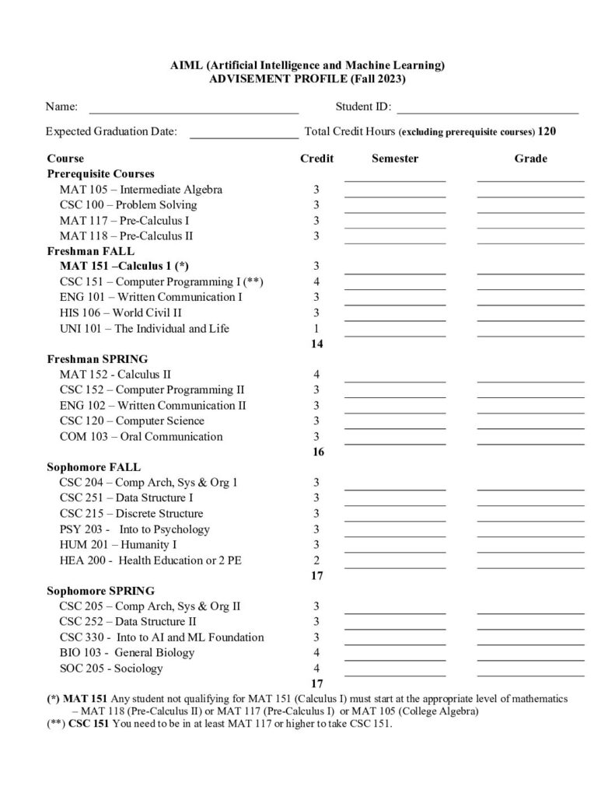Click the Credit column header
[316, 159]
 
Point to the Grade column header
[530, 159]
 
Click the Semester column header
[395, 159]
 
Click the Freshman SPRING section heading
[97, 359]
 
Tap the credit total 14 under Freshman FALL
[316, 344]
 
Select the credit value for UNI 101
[316, 328]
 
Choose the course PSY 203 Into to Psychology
[135, 529]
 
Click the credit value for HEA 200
[316, 560]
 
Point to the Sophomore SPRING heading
[100, 591]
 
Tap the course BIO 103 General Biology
[127, 652]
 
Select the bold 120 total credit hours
[547, 131]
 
